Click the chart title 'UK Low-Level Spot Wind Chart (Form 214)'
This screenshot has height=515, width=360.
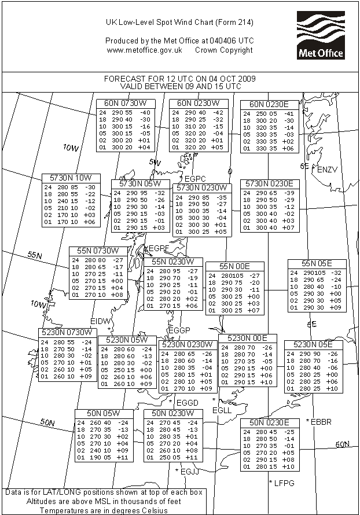pyautogui.click(x=179, y=23)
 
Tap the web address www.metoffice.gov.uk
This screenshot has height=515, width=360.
pyautogui.click(x=145, y=50)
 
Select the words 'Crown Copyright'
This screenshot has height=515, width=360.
pyautogui.click(x=224, y=50)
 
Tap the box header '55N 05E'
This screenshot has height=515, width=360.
pyautogui.click(x=317, y=264)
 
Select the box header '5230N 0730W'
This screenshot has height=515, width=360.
pyautogui.click(x=67, y=332)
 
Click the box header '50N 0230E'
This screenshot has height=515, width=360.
pyautogui.click(x=270, y=422)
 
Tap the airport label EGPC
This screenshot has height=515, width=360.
pyautogui.click(x=194, y=178)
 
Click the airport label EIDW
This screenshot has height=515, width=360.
pyautogui.click(x=100, y=321)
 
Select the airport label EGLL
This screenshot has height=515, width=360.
pyautogui.click(x=222, y=410)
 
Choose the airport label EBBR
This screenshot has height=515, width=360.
pyautogui.click(x=322, y=422)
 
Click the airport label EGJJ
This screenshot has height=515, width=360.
pyautogui.click(x=190, y=472)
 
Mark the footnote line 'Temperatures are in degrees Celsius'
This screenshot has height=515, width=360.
pyautogui.click(x=102, y=510)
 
